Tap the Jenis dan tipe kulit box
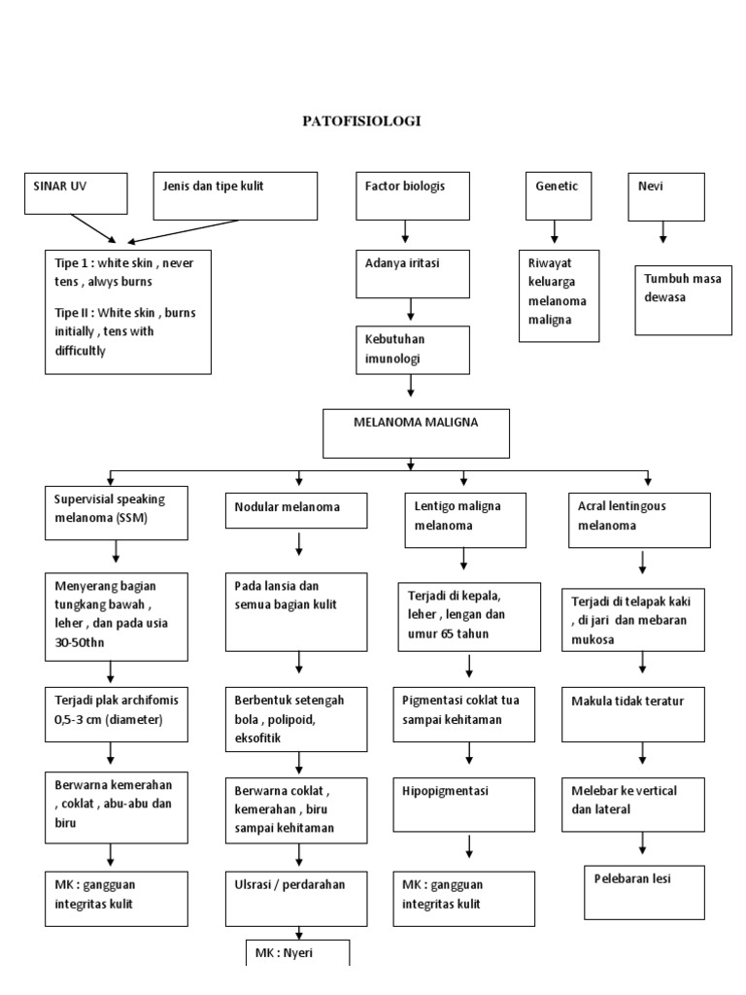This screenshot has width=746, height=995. tap(235, 195)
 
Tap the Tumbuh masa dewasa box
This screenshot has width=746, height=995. tap(683, 299)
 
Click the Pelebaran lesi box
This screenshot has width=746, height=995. tap(644, 890)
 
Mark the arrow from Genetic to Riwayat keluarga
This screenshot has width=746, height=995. tap(555, 233)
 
